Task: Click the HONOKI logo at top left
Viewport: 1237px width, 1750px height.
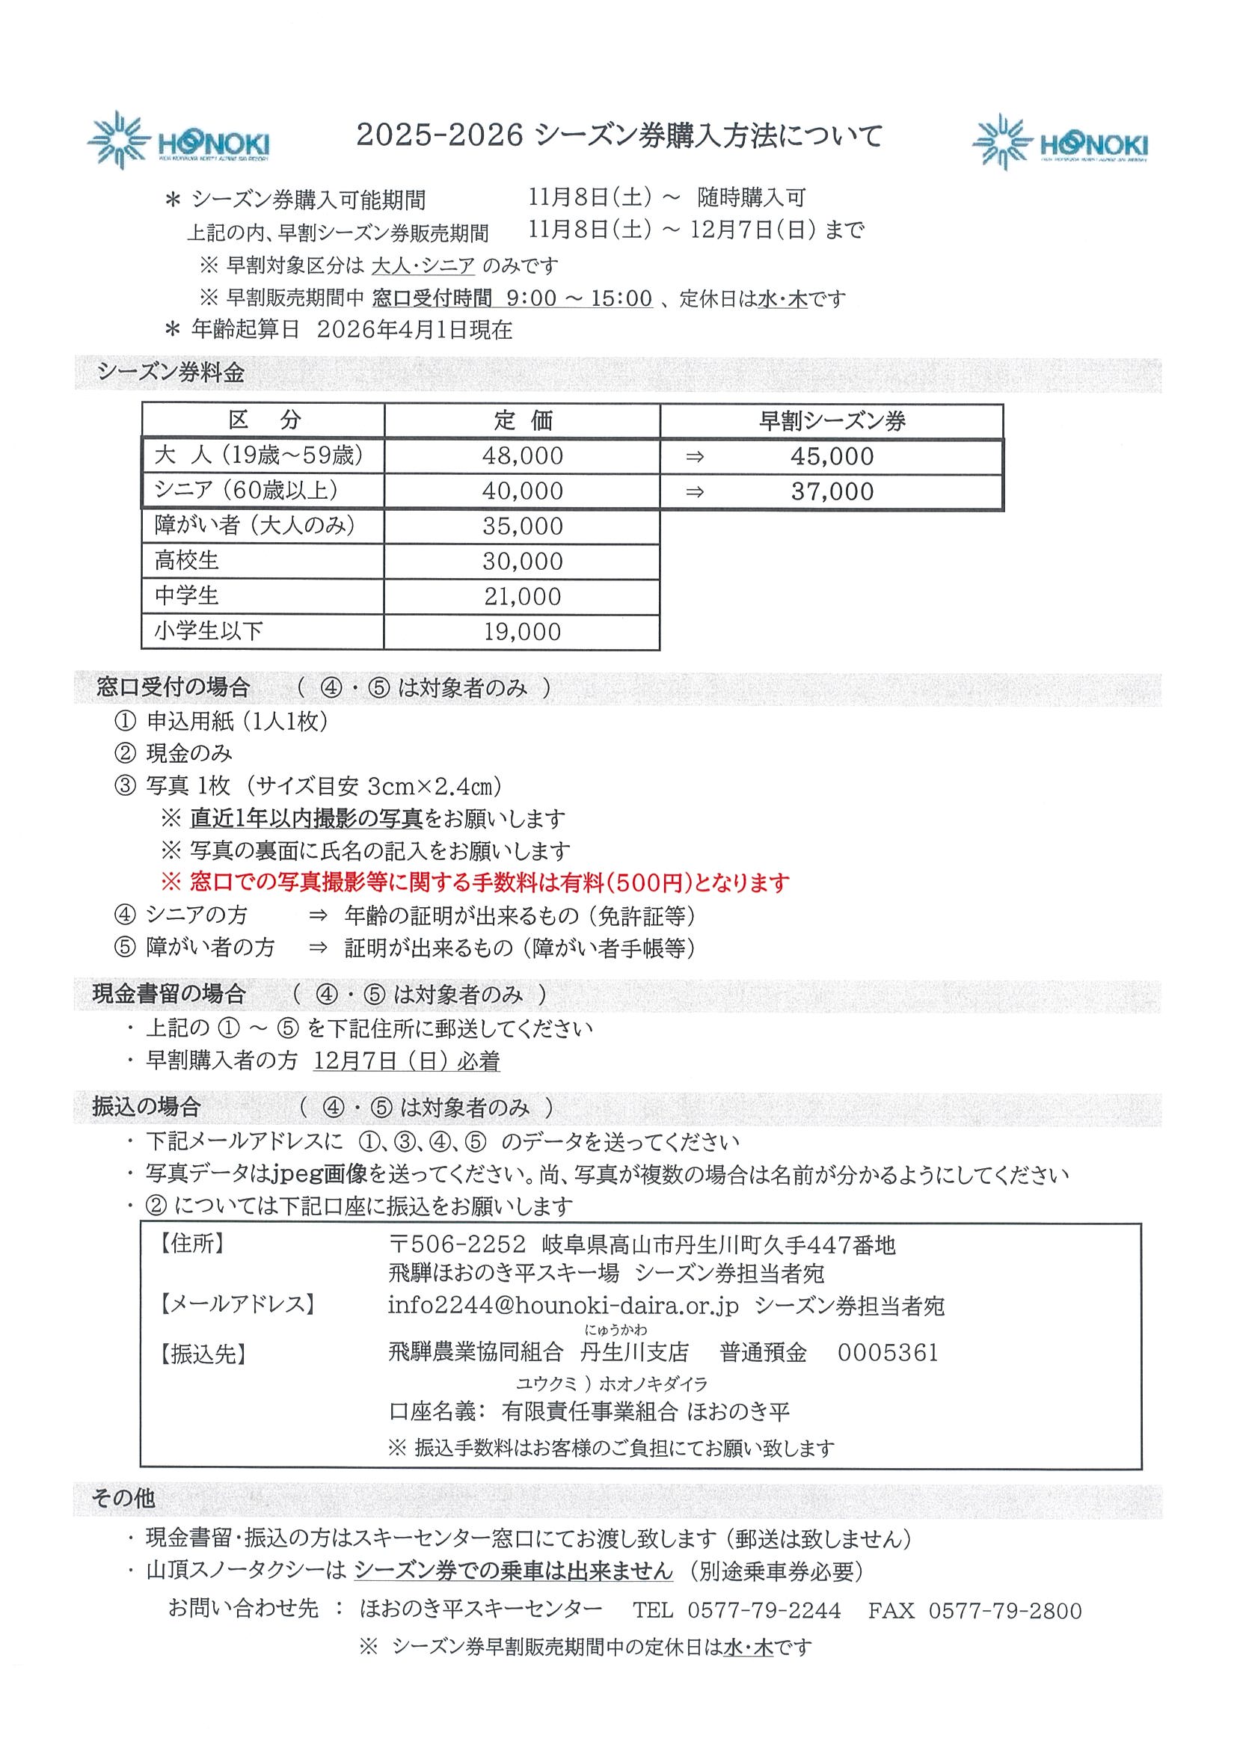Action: coord(178,142)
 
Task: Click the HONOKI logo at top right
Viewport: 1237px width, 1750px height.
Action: coord(1060,144)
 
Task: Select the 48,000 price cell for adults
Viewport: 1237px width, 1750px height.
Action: coord(522,455)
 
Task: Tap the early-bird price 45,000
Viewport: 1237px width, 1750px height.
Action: coord(832,456)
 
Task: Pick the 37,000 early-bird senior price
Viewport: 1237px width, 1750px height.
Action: coord(832,491)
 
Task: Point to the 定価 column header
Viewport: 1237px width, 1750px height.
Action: coord(522,421)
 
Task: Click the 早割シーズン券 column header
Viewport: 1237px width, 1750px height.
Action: coord(832,422)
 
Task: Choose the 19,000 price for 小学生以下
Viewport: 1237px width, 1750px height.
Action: coord(522,632)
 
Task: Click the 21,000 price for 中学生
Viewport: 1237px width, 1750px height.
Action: coord(522,597)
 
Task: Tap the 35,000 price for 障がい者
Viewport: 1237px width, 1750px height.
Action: coord(522,526)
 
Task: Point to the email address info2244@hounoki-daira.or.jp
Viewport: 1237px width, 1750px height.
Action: coord(563,1306)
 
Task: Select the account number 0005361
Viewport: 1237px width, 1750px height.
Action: coord(888,1353)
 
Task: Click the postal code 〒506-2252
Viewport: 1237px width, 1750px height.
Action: coord(457,1245)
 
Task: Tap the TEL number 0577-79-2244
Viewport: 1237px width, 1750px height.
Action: coord(764,1610)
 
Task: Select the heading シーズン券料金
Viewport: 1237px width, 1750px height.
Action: coord(171,372)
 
